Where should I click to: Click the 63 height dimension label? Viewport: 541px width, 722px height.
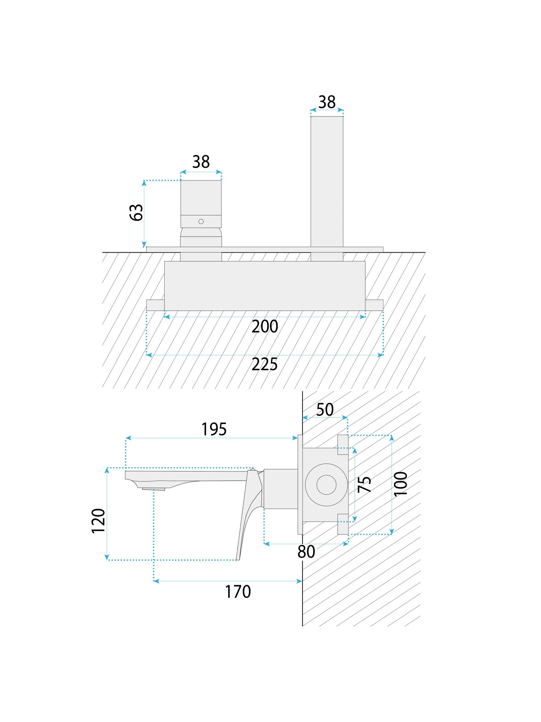(136, 213)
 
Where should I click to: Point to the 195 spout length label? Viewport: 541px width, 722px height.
(214, 429)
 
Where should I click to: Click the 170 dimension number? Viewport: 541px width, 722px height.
(238, 591)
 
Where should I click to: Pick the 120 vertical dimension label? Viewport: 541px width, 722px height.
(98, 521)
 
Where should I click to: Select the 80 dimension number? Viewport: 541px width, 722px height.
(306, 551)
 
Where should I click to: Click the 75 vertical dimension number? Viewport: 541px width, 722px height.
(364, 484)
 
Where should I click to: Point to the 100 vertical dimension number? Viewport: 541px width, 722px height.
(400, 484)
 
